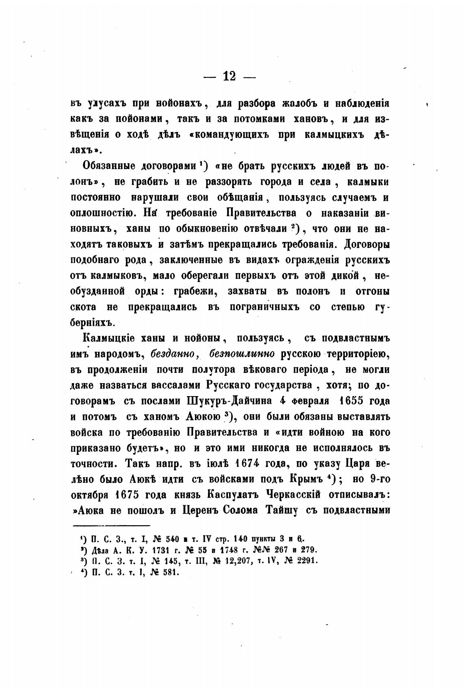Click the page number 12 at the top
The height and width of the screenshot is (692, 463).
[229, 76]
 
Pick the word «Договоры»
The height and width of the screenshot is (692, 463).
[367, 244]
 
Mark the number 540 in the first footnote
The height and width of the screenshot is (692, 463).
[173, 539]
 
